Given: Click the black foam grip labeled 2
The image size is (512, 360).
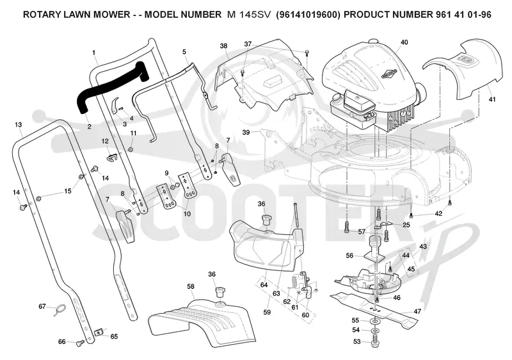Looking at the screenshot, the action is pyautogui.click(x=111, y=85).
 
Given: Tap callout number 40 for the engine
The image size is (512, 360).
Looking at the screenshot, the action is pyautogui.click(x=404, y=42).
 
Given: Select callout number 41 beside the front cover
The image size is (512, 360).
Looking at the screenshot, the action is pyautogui.click(x=492, y=99).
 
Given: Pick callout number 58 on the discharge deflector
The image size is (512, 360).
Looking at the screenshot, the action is pyautogui.click(x=191, y=286).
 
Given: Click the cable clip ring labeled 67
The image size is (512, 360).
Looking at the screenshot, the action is pyautogui.click(x=60, y=309).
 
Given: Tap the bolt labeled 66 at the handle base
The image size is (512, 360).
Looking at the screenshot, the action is pyautogui.click(x=80, y=343).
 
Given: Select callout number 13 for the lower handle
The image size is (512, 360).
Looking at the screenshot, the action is pyautogui.click(x=19, y=125).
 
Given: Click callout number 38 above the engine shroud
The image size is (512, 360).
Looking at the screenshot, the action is pyautogui.click(x=223, y=46).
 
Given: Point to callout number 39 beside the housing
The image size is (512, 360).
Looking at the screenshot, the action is pyautogui.click(x=246, y=133).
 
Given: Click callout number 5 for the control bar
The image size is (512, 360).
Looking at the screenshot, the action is pyautogui.click(x=184, y=52).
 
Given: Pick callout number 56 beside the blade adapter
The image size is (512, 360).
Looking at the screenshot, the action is pyautogui.click(x=349, y=256).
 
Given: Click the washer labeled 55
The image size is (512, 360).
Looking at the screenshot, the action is pyautogui.click(x=373, y=322).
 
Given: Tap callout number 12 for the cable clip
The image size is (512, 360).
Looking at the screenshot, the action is pyautogui.click(x=105, y=141).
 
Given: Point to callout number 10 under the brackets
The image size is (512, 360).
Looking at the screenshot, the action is pyautogui.click(x=187, y=214).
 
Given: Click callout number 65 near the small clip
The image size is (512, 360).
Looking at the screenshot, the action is pyautogui.click(x=114, y=337).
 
